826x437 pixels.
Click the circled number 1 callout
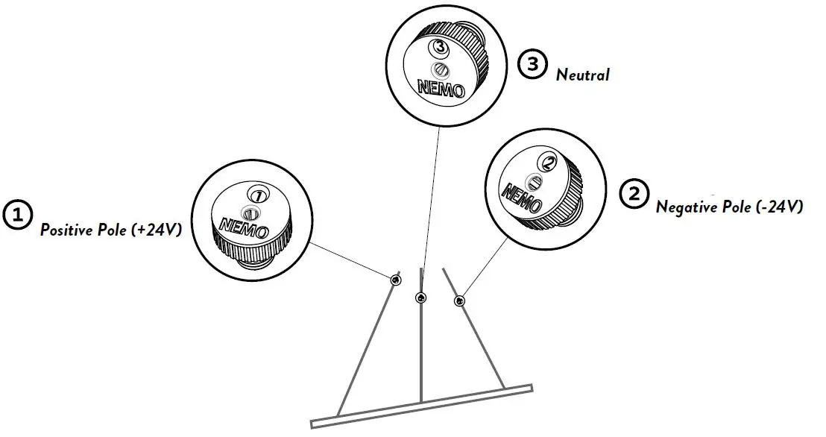(x=16, y=214)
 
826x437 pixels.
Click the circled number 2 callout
(x=633, y=194)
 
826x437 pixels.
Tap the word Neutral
(x=582, y=75)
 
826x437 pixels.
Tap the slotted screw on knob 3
(x=441, y=69)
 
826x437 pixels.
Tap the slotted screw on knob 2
(x=534, y=181)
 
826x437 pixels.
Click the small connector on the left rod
(x=394, y=279)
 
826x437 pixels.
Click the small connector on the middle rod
(x=421, y=298)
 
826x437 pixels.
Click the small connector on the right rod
(x=459, y=301)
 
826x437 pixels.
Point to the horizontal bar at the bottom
(x=421, y=406)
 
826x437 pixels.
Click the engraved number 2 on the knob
(x=549, y=161)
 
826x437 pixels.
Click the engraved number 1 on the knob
(x=258, y=194)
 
